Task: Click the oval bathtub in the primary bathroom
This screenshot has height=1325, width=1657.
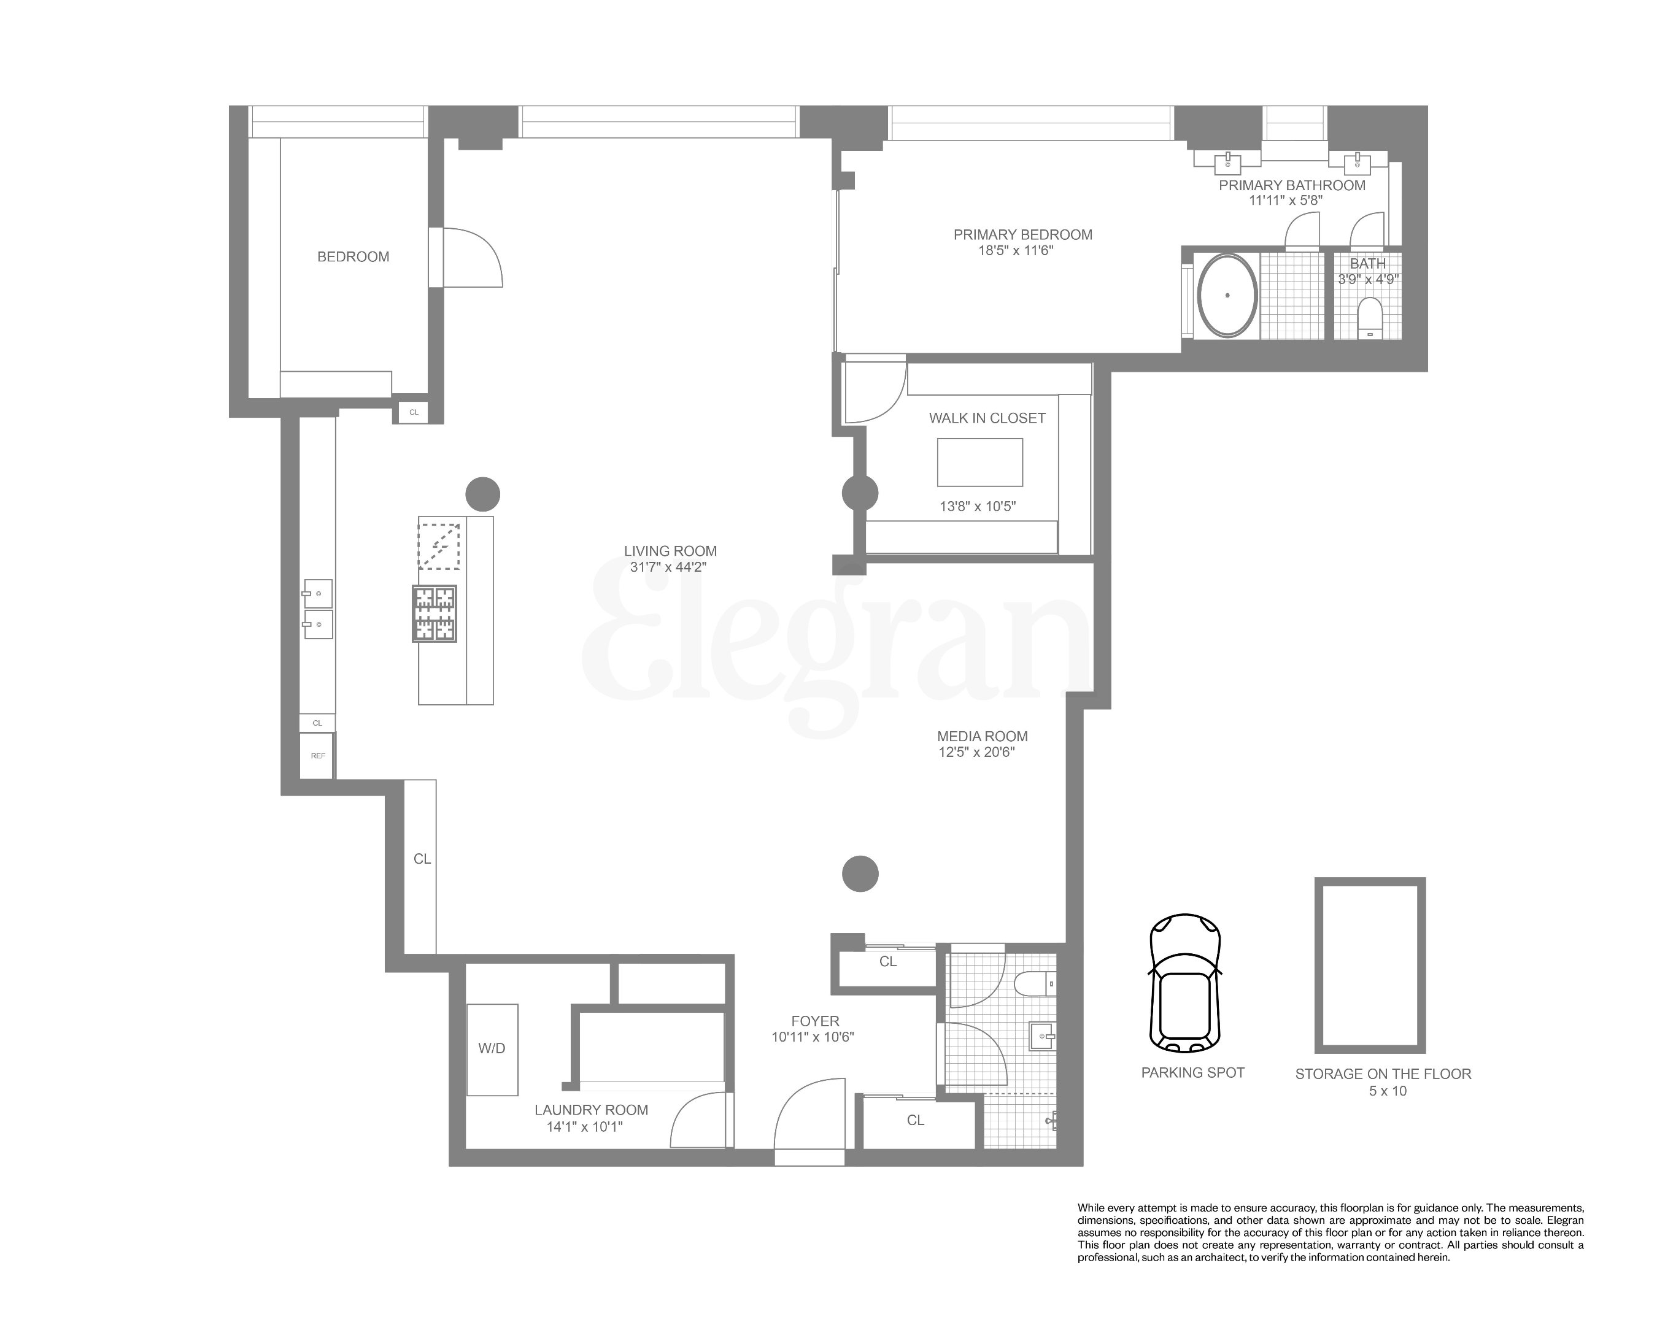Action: pyautogui.click(x=1227, y=295)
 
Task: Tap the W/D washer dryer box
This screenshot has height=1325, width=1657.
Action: pyautogui.click(x=492, y=1049)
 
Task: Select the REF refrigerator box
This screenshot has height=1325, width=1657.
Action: pyautogui.click(x=317, y=756)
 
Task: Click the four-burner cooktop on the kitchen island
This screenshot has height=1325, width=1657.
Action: pyautogui.click(x=435, y=613)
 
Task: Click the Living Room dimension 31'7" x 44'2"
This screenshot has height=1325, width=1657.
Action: pyautogui.click(x=668, y=567)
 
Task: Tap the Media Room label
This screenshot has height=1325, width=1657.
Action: pyautogui.click(x=982, y=736)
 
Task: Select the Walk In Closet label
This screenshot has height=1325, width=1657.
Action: pyautogui.click(x=987, y=418)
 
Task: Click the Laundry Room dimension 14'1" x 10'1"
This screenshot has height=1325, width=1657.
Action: pyautogui.click(x=584, y=1127)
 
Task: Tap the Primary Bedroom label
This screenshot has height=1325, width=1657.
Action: pyautogui.click(x=1022, y=234)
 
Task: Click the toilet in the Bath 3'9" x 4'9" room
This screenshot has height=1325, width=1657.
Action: pyautogui.click(x=1370, y=317)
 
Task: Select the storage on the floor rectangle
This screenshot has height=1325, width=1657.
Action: pyautogui.click(x=1370, y=965)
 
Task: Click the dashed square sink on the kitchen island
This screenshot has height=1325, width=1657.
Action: pyautogui.click(x=439, y=546)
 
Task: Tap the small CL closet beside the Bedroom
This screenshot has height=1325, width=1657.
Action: pyautogui.click(x=414, y=412)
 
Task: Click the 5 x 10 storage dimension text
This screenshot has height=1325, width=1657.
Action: pyautogui.click(x=1387, y=1091)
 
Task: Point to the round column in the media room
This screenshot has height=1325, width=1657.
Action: pyautogui.click(x=860, y=874)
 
